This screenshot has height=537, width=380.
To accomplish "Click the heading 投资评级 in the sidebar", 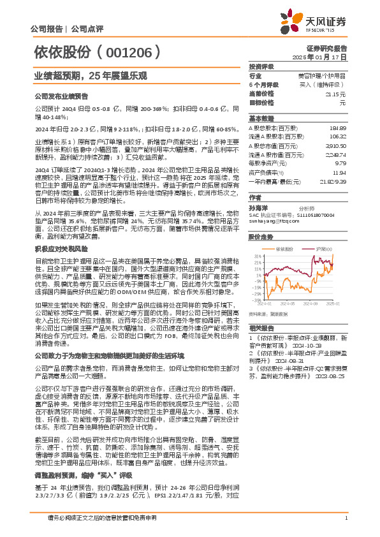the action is coord(261,66).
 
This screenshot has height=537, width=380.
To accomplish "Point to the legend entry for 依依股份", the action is coord(283,248).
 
